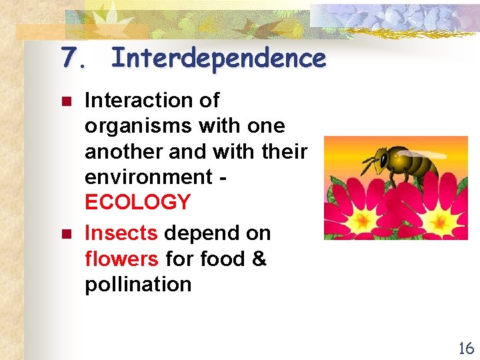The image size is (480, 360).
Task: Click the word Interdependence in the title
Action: click(219, 59)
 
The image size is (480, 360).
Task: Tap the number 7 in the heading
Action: click(69, 59)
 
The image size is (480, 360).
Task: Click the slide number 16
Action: click(465, 347)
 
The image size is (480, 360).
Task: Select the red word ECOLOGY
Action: click(137, 202)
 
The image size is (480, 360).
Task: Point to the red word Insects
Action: click(121, 233)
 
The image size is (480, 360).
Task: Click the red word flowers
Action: click(122, 259)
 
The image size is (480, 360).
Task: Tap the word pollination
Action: click(138, 285)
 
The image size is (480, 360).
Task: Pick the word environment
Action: click(147, 177)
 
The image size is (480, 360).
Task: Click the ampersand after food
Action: click(259, 259)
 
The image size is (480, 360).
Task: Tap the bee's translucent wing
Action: click(427, 153)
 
